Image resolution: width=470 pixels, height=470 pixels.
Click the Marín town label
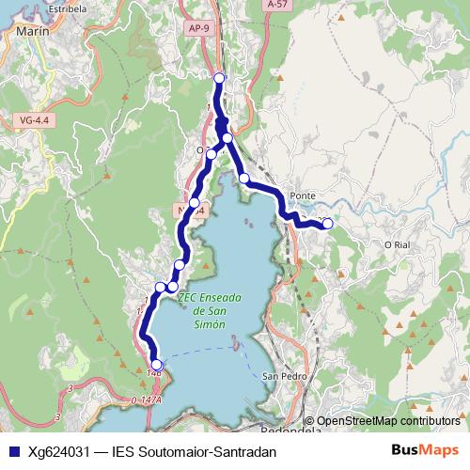(32, 30)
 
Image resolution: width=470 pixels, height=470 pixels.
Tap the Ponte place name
(303, 196)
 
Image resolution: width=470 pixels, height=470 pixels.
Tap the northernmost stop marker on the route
(219, 79)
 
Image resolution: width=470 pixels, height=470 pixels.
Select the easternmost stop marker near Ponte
(327, 224)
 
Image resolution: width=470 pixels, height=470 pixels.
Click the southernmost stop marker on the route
(156, 366)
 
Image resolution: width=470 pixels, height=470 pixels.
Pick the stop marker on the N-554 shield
(195, 203)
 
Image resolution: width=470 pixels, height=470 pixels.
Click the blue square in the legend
(12, 451)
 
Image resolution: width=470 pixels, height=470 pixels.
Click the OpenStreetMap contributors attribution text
(387, 421)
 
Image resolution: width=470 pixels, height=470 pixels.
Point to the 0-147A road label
(147, 400)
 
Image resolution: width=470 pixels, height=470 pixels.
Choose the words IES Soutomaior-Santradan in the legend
(193, 451)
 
